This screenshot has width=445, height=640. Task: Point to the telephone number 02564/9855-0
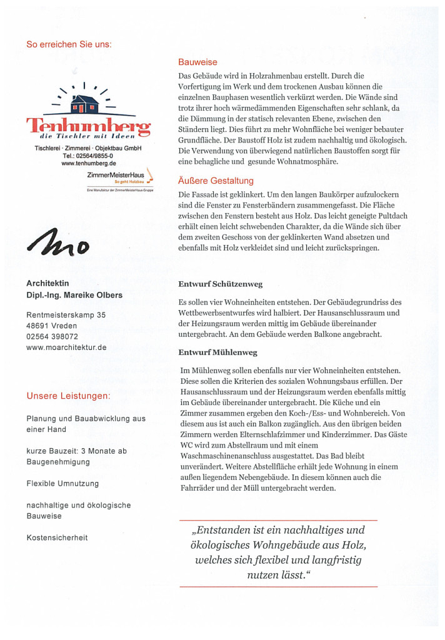88,155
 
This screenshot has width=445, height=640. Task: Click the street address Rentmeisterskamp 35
66,315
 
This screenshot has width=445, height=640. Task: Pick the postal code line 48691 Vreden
53,326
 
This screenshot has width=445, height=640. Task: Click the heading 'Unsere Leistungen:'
69,396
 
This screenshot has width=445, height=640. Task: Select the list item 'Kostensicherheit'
57,537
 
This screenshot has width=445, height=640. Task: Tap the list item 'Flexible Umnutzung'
62,483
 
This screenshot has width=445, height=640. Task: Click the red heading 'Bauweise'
197,62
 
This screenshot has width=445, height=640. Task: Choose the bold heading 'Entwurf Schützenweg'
220,284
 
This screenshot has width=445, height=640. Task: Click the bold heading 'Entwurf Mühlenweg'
218,352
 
